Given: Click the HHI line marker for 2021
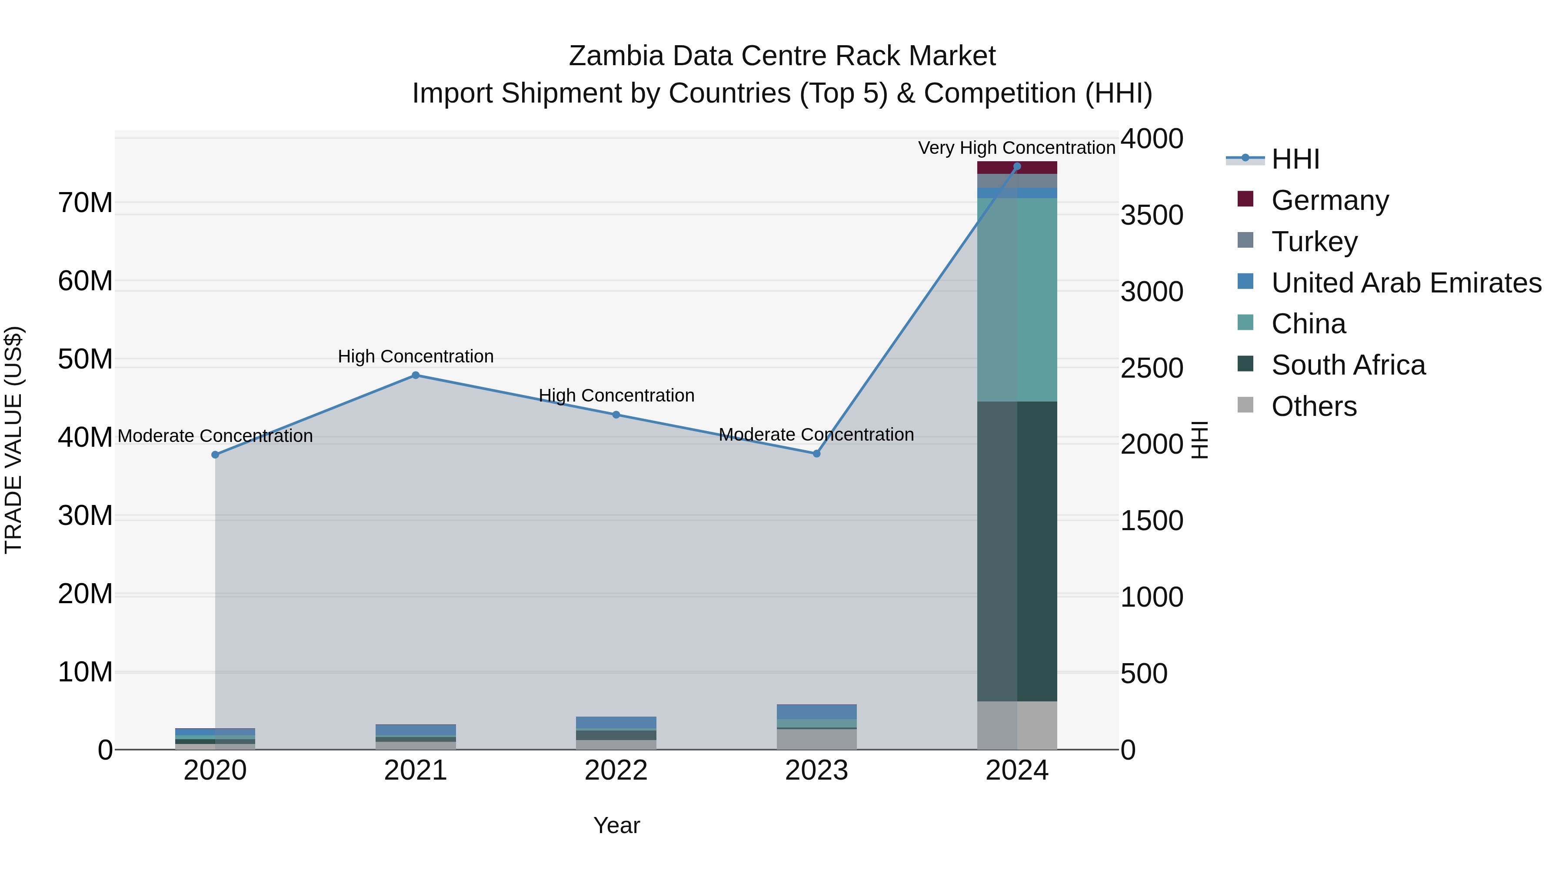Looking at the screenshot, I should (416, 375).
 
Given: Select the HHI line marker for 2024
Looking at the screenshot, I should (1017, 166).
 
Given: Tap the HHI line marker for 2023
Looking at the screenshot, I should (816, 454).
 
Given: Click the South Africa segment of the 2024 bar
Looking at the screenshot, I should (1017, 551).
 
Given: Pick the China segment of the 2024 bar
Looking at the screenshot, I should (1017, 299).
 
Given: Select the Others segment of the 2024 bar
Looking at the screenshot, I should (1017, 725).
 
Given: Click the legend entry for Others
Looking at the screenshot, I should (1313, 406).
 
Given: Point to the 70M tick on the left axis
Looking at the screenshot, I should (85, 203).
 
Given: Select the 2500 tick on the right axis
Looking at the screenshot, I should (1151, 368).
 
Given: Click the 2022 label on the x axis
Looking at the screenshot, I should (616, 770).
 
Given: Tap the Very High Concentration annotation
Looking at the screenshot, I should (1016, 148).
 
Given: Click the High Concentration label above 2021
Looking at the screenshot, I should (416, 356).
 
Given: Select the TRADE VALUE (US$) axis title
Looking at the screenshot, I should (13, 440).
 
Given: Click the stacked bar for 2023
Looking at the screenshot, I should (816, 727).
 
